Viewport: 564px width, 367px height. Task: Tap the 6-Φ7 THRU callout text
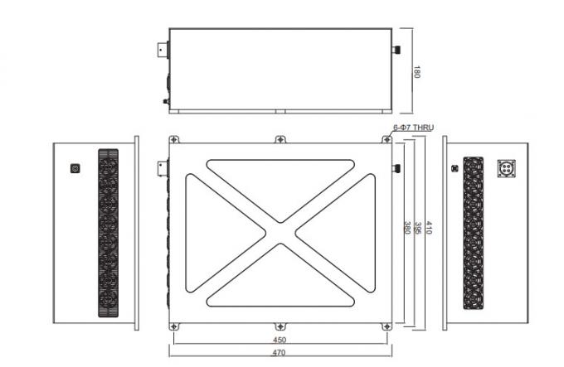click(413, 128)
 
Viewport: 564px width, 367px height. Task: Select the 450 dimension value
click(280, 340)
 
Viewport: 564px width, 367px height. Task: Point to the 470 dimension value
click(280, 354)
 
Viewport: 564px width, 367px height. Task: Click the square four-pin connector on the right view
click(507, 168)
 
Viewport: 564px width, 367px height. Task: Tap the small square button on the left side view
click(76, 168)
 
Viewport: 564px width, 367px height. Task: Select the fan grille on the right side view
click(473, 234)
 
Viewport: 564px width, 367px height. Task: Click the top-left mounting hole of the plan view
click(173, 139)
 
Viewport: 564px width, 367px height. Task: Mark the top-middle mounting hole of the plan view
click(280, 139)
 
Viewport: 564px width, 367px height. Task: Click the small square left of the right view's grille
click(453, 168)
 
